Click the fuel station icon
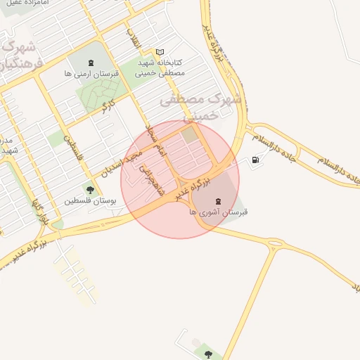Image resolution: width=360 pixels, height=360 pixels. (x=254, y=161)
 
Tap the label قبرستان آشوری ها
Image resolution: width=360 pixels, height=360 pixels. (x=219, y=211)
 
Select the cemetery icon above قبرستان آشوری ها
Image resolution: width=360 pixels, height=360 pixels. (x=217, y=200)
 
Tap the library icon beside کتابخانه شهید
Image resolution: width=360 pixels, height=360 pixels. (x=160, y=52)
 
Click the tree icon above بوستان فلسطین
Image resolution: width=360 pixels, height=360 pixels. (x=89, y=189)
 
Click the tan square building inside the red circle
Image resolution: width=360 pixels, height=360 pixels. (x=190, y=134)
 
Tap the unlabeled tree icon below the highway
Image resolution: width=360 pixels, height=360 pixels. (x=207, y=352)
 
